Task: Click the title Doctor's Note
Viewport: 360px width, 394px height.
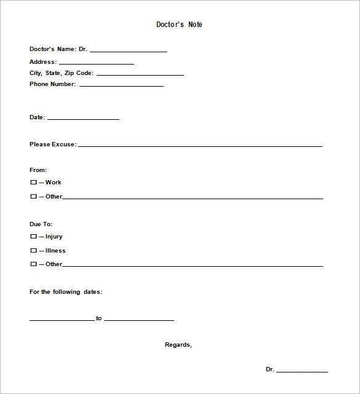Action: point(179,25)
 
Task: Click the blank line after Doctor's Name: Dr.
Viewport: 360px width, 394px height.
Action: point(128,50)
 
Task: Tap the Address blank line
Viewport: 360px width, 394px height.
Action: point(96,63)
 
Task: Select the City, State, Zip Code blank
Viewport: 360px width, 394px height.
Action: point(140,74)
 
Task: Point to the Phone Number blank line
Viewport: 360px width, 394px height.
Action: point(121,85)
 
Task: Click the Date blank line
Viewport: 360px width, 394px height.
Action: point(83,118)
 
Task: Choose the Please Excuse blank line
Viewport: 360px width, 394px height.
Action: point(200,146)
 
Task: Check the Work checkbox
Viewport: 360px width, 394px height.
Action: point(33,183)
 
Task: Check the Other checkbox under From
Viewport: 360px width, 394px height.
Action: point(33,197)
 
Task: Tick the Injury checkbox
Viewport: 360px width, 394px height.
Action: point(33,237)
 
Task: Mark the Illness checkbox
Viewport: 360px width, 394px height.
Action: point(33,251)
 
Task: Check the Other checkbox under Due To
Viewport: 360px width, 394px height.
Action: point(33,264)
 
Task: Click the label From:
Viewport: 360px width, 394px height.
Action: point(38,170)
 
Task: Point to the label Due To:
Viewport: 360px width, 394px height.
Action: point(41,224)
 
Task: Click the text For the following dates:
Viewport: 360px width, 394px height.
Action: point(66,292)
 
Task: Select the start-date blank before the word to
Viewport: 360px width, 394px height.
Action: point(62,319)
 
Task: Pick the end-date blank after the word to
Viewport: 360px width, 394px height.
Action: point(139,319)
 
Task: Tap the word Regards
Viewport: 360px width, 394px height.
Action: point(178,345)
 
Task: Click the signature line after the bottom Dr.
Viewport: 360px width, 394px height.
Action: point(302,371)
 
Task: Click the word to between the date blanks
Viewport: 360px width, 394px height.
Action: point(98,318)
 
